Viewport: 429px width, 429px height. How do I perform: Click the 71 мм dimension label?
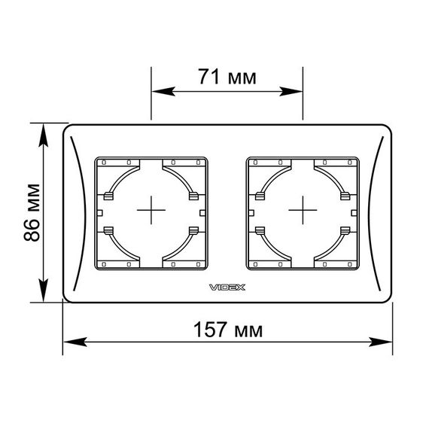point(227,77)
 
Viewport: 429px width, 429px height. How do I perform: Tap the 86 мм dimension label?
point(32,213)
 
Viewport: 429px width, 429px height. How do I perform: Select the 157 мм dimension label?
point(228,330)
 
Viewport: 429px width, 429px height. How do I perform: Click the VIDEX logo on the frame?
point(227,288)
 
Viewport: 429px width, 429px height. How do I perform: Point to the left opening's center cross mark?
point(151,210)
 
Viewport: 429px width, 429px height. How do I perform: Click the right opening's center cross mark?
point(303,210)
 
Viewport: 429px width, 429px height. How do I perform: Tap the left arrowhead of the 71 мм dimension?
point(163,92)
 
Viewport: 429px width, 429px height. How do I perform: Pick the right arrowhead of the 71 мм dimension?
point(291,92)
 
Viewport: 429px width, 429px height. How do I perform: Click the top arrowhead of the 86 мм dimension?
point(44,135)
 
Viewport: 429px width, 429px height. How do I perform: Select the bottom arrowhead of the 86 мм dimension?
point(44,291)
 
